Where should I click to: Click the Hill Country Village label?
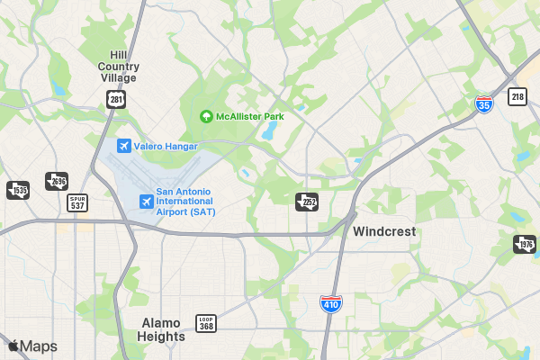click(x=118, y=66)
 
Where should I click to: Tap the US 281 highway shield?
click(x=114, y=98)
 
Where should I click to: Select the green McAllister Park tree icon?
click(x=205, y=117)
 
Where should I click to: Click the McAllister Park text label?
click(x=249, y=117)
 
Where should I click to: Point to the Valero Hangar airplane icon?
click(x=124, y=146)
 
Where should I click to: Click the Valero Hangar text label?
click(x=166, y=146)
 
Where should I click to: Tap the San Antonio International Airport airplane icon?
click(x=146, y=201)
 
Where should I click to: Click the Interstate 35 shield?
click(x=484, y=104)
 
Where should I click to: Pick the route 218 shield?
click(x=517, y=96)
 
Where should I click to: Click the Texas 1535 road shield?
click(x=18, y=190)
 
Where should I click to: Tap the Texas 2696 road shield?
click(x=57, y=181)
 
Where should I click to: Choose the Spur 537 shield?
click(x=79, y=203)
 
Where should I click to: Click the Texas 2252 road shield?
click(x=307, y=201)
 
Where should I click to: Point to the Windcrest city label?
click(x=384, y=231)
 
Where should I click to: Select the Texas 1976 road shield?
click(x=525, y=244)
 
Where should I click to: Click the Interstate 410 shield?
click(x=331, y=305)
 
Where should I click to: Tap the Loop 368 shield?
click(x=207, y=323)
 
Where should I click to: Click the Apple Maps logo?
click(x=32, y=346)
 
